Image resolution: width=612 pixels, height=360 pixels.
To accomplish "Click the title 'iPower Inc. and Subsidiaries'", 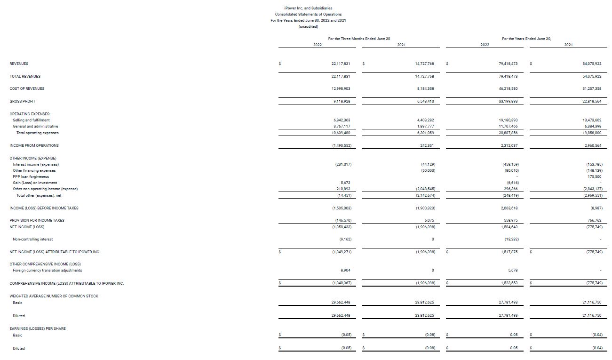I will [x=309, y=8].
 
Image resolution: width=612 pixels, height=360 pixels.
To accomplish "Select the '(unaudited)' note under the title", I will [x=309, y=26].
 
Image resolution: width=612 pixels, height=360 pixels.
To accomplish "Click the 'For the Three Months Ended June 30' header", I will [x=359, y=39].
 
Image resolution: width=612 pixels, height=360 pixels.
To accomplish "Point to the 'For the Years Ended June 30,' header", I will [x=526, y=39].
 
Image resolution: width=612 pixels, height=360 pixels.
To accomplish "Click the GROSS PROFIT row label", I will [x=22, y=101].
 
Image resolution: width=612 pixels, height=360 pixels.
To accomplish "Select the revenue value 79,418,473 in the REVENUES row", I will [x=508, y=64].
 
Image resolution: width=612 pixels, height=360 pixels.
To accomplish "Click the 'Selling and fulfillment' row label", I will [x=31, y=120].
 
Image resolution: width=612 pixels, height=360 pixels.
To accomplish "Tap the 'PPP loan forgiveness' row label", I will [x=31, y=176].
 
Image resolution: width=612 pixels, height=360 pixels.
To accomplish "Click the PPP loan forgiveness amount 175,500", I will [x=595, y=176].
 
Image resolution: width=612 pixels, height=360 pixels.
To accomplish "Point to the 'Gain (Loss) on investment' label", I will [x=35, y=183].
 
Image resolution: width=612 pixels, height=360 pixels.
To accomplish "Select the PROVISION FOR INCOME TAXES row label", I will [x=37, y=220].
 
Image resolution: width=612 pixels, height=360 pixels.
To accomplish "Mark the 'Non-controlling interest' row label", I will [x=32, y=239].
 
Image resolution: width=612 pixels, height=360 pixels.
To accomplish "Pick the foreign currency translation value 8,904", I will [x=344, y=270].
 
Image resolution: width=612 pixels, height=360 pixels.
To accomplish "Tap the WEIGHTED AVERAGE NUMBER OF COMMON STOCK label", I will [x=54, y=296].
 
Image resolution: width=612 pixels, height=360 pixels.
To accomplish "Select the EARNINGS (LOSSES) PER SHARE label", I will [x=38, y=328].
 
